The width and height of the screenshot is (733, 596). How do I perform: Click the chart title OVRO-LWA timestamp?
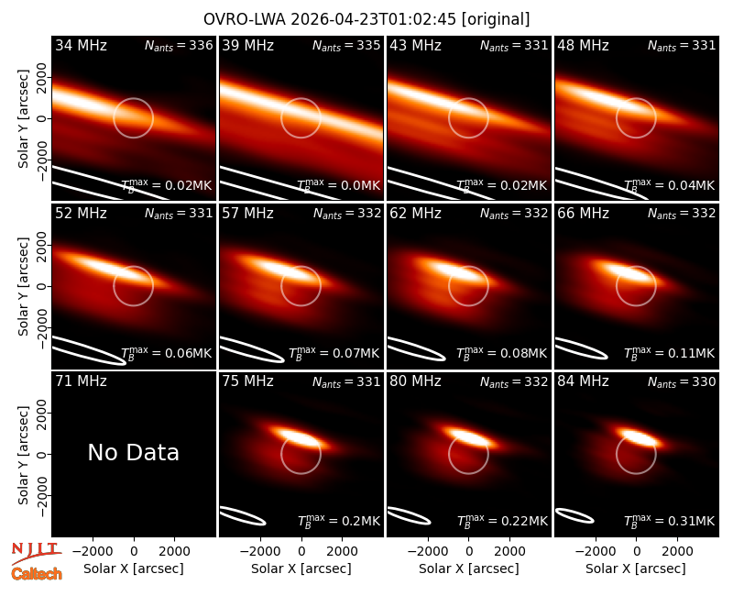point(366,19)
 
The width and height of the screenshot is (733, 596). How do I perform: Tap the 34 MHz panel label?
point(81,45)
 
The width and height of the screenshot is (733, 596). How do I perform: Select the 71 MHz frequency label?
point(81,381)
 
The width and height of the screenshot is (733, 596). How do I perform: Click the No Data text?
point(133,452)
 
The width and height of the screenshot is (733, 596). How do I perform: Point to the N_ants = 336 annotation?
point(179,45)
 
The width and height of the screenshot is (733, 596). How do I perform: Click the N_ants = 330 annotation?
point(682,381)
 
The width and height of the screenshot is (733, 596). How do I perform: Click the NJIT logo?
point(36,553)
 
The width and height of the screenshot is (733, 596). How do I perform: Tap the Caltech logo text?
point(37,574)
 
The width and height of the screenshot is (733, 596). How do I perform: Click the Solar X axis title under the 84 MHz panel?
point(636,568)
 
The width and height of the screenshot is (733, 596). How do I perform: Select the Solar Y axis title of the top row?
point(23,119)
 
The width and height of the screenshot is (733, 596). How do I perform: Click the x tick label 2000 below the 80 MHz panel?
point(509,552)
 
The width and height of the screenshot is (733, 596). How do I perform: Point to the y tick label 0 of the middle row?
point(42,286)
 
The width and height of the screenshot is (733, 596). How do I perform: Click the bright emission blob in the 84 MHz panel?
point(640,438)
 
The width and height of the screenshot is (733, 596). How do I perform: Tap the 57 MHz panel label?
point(247,214)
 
